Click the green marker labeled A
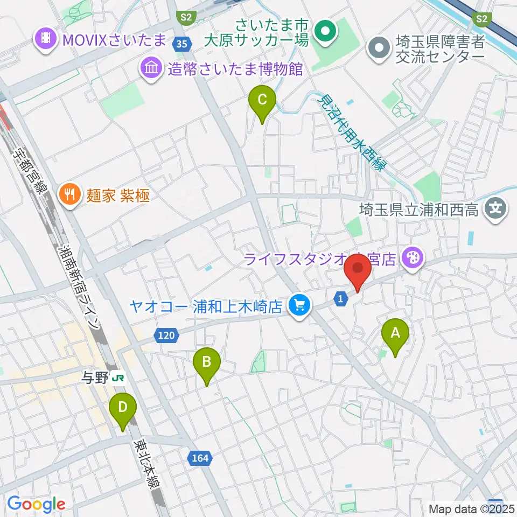click(x=395, y=333)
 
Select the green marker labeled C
click(x=262, y=101)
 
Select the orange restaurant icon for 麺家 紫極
click(x=69, y=193)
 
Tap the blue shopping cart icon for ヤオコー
click(x=297, y=306)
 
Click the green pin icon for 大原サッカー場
click(x=326, y=31)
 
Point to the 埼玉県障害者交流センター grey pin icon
click(x=380, y=48)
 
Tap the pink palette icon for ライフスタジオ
click(x=413, y=257)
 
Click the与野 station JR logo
click(x=118, y=378)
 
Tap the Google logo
click(x=36, y=504)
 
